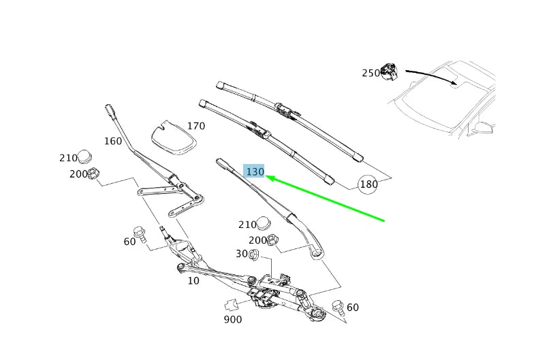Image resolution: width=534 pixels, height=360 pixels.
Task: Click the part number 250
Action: (x=371, y=73)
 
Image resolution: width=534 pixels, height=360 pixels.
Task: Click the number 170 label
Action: (x=196, y=126)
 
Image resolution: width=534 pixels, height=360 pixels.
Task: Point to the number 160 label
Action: (x=112, y=142)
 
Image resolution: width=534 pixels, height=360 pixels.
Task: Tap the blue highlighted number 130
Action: (x=255, y=172)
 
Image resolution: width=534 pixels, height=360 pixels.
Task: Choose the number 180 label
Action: (x=368, y=184)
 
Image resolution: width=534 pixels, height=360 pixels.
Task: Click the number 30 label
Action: (x=241, y=254)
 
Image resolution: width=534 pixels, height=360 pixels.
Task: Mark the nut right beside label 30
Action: (x=253, y=255)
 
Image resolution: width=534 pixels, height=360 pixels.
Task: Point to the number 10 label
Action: (x=193, y=280)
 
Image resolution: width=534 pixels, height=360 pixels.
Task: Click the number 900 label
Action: (x=232, y=319)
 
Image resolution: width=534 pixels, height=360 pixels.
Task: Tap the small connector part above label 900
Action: (x=232, y=304)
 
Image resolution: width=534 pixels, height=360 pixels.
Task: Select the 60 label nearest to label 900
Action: (x=352, y=308)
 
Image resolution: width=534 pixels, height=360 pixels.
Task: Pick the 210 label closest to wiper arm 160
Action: (x=68, y=158)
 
